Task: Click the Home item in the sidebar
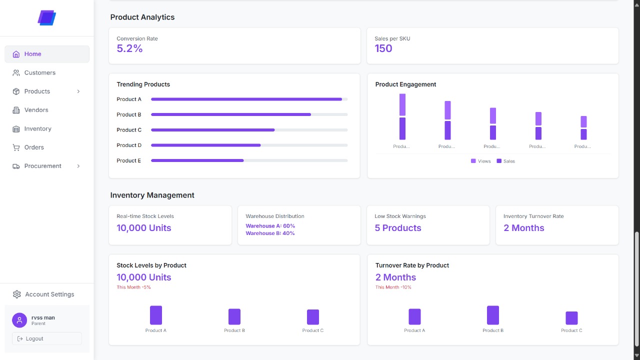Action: [46, 54]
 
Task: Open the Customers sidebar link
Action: [40, 72]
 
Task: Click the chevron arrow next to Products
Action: [78, 91]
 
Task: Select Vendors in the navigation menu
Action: [36, 110]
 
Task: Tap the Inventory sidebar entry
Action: [37, 128]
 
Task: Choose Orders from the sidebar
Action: [34, 147]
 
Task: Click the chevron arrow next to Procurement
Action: [78, 166]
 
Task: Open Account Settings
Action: [49, 294]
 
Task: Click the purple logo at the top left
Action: [46, 18]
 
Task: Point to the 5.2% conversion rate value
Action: [129, 48]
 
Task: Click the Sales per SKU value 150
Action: [383, 48]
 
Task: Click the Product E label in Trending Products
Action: [129, 160]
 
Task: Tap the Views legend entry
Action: [481, 161]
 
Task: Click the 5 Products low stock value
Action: [398, 228]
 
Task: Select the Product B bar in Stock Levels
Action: [234, 316]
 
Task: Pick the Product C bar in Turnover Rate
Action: [571, 318]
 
